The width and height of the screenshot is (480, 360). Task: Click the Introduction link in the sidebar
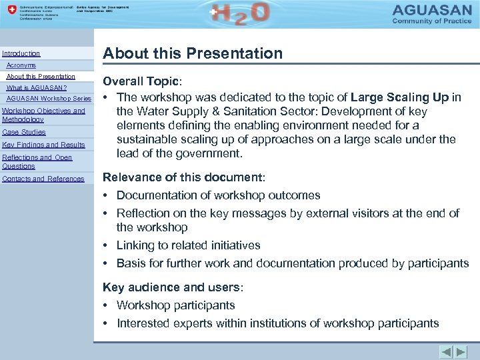(x=21, y=53)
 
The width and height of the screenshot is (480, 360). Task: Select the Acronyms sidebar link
(x=21, y=65)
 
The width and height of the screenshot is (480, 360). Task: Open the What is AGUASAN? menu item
(x=37, y=88)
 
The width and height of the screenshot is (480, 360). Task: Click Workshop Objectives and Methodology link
(x=43, y=115)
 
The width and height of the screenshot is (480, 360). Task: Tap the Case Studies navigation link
(x=24, y=132)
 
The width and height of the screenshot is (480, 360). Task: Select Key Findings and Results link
(x=43, y=145)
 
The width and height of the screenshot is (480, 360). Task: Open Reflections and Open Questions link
(x=37, y=161)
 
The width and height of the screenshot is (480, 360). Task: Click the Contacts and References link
(x=43, y=179)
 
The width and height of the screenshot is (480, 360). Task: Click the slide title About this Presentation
(x=192, y=53)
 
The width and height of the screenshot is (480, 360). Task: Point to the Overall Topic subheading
(x=140, y=81)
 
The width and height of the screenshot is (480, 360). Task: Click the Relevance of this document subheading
(x=183, y=178)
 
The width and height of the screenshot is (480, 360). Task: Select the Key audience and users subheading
(x=173, y=287)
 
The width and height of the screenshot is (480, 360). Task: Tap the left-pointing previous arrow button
(x=446, y=351)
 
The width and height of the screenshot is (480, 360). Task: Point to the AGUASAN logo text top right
(x=435, y=11)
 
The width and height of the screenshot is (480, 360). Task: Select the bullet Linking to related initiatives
(x=188, y=245)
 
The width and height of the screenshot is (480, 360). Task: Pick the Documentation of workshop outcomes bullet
(x=218, y=195)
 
